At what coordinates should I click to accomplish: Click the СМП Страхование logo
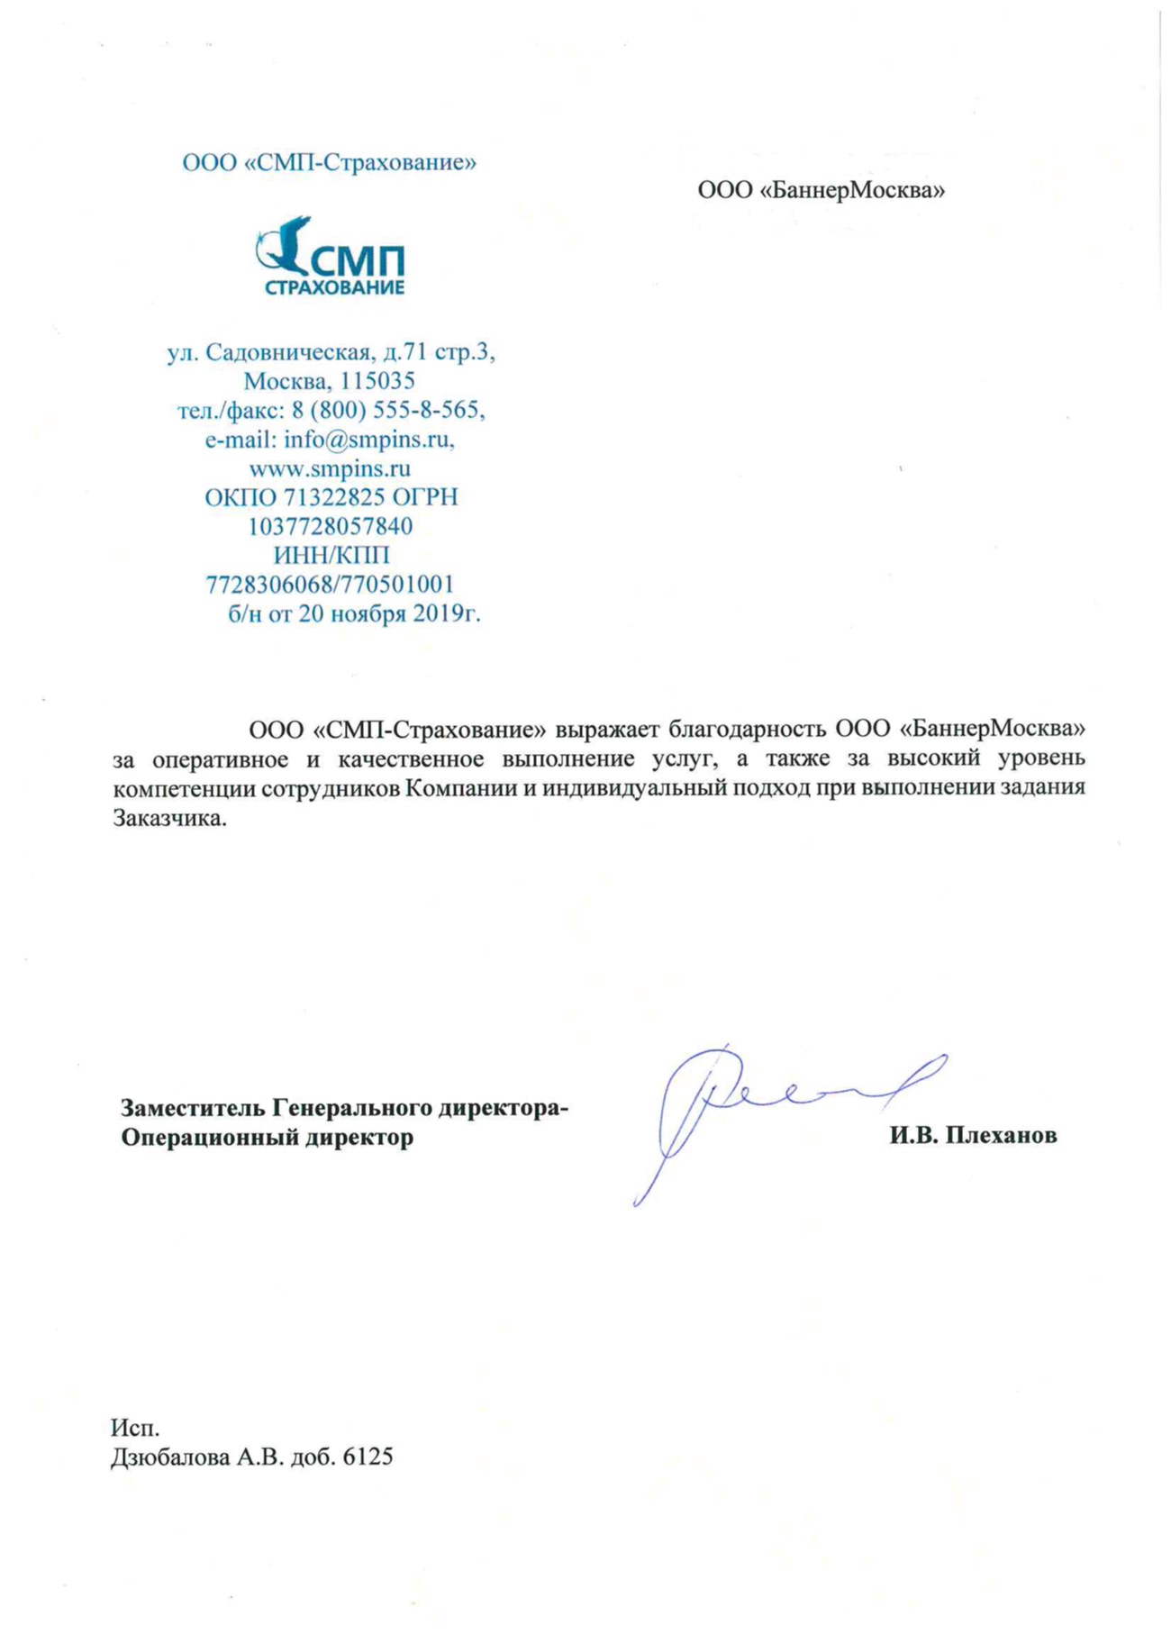click(x=330, y=259)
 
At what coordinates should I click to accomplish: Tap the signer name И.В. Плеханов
click(x=973, y=1136)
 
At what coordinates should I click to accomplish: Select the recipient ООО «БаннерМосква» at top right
click(x=821, y=190)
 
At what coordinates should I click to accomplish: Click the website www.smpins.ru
click(x=330, y=468)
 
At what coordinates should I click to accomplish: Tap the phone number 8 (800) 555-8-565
click(x=387, y=411)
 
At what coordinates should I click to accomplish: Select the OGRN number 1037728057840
click(x=330, y=526)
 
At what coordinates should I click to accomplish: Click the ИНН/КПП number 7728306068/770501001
click(x=330, y=585)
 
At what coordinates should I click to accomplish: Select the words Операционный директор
click(x=268, y=1138)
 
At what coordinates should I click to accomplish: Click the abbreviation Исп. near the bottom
click(x=135, y=1428)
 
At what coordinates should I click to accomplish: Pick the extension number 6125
click(x=368, y=1457)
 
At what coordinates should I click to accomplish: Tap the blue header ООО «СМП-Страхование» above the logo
click(x=330, y=163)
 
